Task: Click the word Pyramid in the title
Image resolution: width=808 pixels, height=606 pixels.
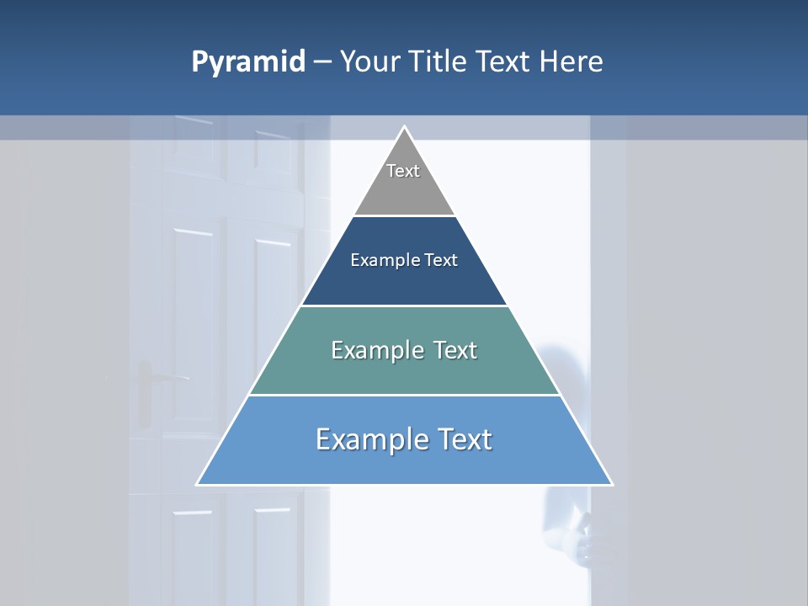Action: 247,62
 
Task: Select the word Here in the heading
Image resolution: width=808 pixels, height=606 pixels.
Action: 571,61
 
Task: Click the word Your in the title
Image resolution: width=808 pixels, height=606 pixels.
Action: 369,61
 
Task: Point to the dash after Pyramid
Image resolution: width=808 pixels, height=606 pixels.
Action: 322,62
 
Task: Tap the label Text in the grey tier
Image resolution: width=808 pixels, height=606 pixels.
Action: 403,171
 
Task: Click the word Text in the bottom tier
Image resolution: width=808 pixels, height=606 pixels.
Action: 464,439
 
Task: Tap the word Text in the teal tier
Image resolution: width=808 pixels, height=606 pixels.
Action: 454,350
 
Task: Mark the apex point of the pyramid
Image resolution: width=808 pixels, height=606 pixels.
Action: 404,127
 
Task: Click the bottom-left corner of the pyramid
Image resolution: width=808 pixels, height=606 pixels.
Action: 198,484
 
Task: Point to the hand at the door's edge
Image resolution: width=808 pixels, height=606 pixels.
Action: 581,539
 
